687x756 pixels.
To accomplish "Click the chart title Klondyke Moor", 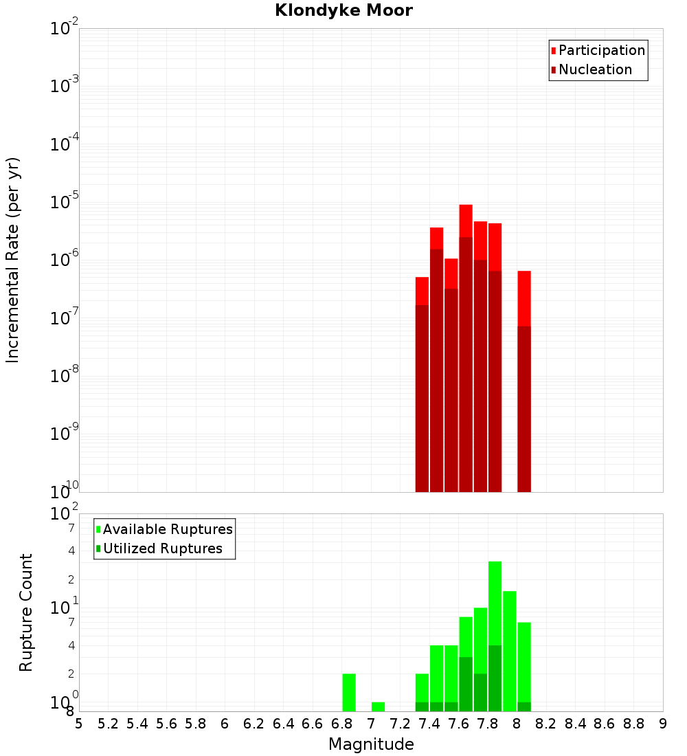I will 343,10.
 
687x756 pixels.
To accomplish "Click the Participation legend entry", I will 601,50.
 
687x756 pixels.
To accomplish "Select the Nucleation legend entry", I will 594,69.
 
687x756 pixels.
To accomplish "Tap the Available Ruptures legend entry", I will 167,529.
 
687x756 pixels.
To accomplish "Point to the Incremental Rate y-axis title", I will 13,260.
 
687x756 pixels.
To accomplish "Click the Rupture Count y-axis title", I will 26,612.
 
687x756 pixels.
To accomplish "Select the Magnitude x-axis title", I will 371,744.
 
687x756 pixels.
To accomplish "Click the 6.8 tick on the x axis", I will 341,723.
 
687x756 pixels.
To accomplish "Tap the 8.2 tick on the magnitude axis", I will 546,723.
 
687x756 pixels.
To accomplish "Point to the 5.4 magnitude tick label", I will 137,723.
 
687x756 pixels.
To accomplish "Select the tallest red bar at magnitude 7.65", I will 466,344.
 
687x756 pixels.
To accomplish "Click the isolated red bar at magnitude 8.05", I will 524,378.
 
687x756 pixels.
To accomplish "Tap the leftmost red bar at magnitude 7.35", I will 422,385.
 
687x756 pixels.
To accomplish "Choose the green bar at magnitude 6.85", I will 349,692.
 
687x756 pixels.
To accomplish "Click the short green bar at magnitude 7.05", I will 378,707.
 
